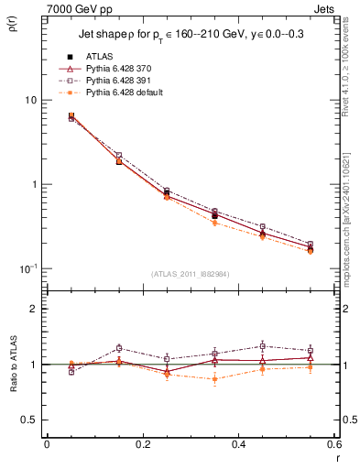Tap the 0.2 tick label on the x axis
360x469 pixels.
[142, 444]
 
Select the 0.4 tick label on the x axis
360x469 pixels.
[237, 444]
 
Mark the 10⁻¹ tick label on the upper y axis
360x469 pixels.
[27, 267]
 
